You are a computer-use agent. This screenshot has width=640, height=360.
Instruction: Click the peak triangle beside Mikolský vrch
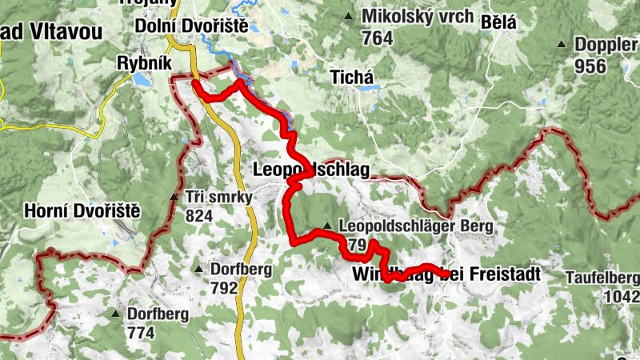coord(347,17)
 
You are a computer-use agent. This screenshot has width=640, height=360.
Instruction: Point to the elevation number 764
coord(377,38)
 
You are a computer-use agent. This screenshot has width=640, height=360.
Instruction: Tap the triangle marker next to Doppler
coord(562,45)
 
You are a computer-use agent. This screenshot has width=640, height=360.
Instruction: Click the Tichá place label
coord(352,77)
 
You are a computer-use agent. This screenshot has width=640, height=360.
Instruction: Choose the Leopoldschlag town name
coord(310,170)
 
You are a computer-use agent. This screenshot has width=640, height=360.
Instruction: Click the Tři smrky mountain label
coord(218,197)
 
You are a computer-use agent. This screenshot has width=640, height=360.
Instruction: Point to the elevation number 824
coord(198,216)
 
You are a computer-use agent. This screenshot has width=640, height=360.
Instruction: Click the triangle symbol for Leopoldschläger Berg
coord(327,226)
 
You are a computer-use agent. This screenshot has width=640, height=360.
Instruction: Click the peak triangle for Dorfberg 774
coord(116,314)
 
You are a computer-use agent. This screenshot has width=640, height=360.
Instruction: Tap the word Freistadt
coord(501,275)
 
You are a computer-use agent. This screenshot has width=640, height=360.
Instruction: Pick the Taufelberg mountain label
coord(602,278)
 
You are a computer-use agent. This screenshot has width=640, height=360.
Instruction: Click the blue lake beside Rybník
coord(141,80)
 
